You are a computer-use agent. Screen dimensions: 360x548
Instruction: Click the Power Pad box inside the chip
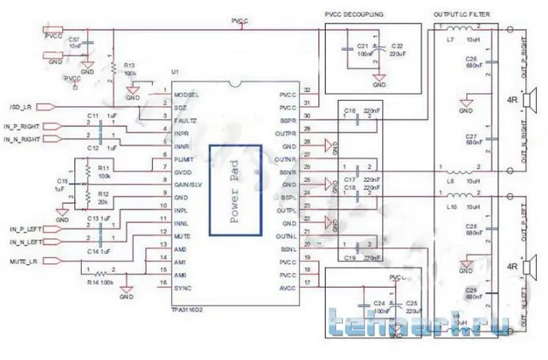coord(235,189)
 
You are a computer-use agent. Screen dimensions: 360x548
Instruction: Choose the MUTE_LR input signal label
coord(24,261)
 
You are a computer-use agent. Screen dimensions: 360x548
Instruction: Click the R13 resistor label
coord(129,65)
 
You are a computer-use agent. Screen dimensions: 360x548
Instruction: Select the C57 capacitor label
coord(74,38)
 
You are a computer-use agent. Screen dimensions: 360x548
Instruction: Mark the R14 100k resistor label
coord(101,282)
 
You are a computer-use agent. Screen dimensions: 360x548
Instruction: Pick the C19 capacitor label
coord(350,258)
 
